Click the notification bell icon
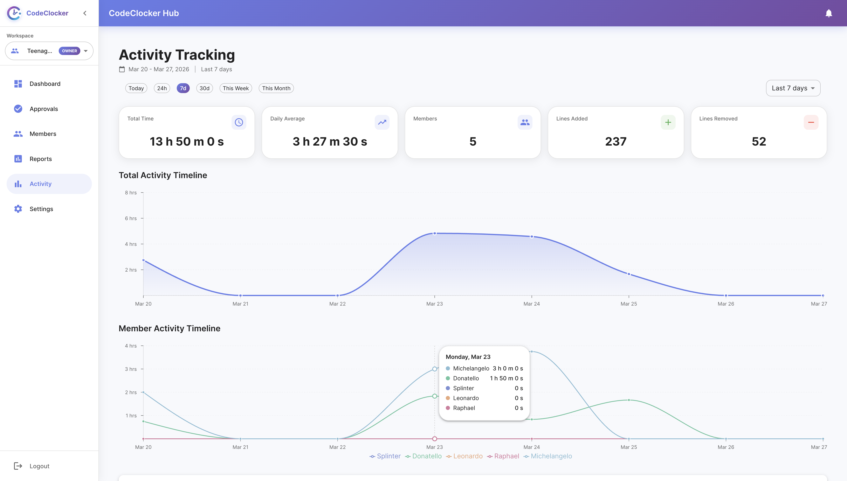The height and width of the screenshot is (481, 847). [x=828, y=13]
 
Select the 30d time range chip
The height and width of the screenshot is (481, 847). [x=204, y=88]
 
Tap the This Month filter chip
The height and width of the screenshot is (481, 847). [x=276, y=88]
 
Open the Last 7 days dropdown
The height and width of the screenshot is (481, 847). [x=793, y=88]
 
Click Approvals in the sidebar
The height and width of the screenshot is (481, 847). [x=44, y=109]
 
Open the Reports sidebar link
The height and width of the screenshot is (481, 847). [x=41, y=159]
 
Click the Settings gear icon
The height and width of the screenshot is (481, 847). [x=18, y=209]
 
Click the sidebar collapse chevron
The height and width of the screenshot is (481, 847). [x=85, y=13]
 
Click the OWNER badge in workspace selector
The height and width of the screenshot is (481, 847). [x=69, y=51]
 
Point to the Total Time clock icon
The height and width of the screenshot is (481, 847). [x=239, y=122]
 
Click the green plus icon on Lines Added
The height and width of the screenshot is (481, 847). [x=668, y=122]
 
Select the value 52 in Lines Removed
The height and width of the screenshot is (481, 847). [x=759, y=141]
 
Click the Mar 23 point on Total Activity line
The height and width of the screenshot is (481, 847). [x=435, y=233]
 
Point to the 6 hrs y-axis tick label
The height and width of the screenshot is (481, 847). [x=131, y=218]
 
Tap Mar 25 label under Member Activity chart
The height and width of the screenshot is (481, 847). [x=629, y=447]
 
